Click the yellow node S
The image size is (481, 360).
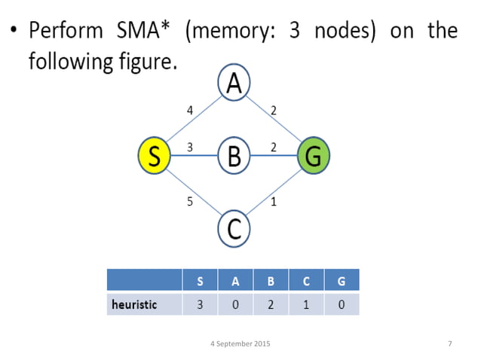[x=155, y=156]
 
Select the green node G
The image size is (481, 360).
[x=314, y=156]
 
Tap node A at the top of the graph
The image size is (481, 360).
[x=234, y=83]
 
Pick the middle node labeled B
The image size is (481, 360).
[x=234, y=157]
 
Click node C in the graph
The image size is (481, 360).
[x=234, y=229]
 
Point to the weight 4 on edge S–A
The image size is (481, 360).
[x=190, y=111]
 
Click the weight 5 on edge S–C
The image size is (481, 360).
[x=190, y=202]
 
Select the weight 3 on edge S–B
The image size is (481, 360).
[x=190, y=148]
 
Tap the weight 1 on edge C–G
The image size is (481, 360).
[x=273, y=202]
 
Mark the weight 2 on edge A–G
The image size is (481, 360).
[x=274, y=111]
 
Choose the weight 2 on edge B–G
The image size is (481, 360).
[x=274, y=148]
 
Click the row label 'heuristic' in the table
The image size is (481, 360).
[x=134, y=304]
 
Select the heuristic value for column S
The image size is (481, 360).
[x=200, y=304]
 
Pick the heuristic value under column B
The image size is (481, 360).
[x=271, y=304]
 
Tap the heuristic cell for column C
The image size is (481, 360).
[x=306, y=304]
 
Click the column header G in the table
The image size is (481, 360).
[x=342, y=281]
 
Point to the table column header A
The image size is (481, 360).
[x=235, y=281]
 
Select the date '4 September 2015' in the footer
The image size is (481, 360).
[x=240, y=344]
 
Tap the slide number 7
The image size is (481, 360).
[x=449, y=344]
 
